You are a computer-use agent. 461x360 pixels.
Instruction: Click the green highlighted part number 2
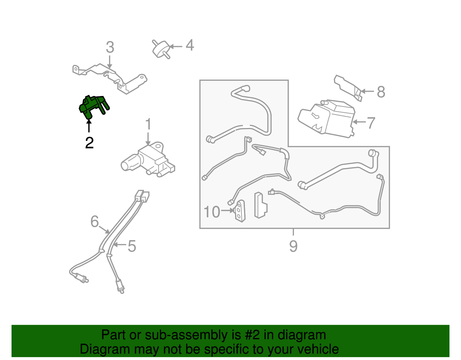coord(93,106)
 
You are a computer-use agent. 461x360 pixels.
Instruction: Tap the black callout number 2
coord(89,143)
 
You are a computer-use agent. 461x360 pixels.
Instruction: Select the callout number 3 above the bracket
coord(110,48)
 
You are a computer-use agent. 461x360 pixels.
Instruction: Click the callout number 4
coord(190,46)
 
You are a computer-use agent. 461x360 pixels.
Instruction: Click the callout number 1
coord(148,125)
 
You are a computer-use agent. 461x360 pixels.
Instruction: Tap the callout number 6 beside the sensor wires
coord(95,222)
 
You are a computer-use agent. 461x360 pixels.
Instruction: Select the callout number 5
coord(132,246)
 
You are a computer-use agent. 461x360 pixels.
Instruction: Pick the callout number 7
coord(371,123)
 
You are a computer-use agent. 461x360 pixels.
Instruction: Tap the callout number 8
coord(381,92)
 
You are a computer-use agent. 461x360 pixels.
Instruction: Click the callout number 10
coord(212,212)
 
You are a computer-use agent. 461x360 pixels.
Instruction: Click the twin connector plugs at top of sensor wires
coord(142,196)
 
